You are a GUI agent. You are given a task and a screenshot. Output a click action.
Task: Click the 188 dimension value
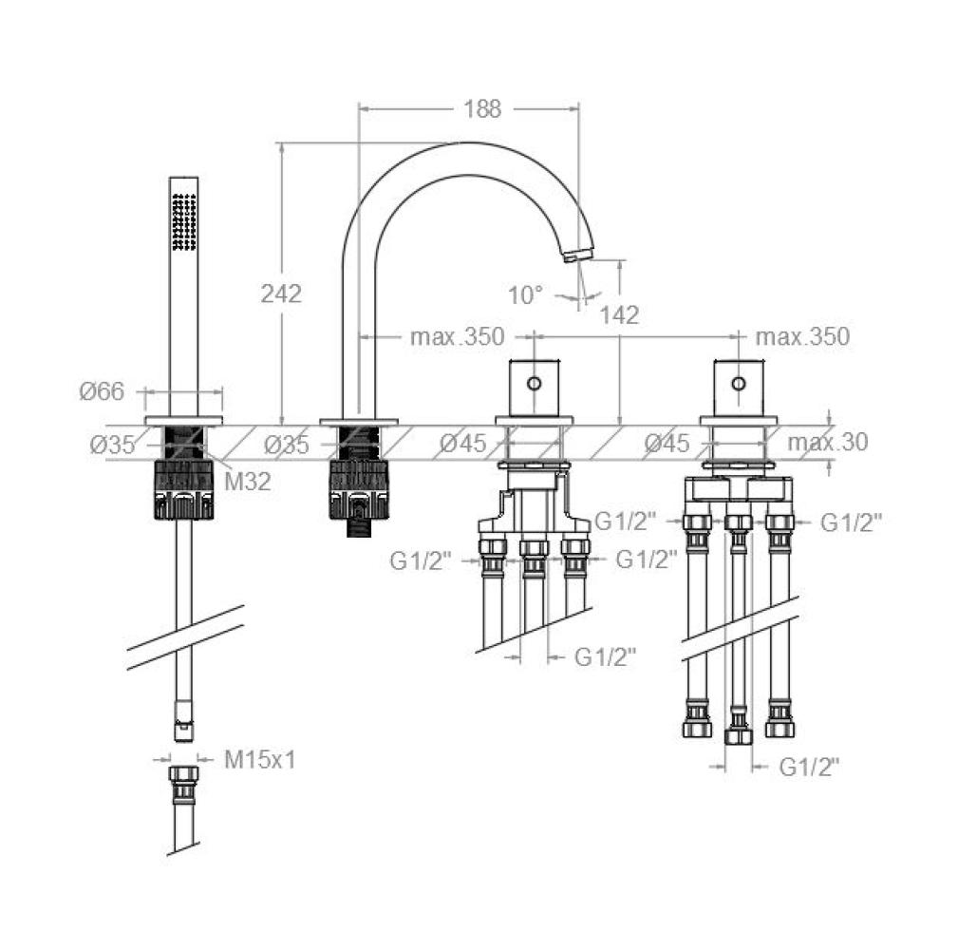tap(482, 109)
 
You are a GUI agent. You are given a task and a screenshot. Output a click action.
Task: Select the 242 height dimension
tap(281, 294)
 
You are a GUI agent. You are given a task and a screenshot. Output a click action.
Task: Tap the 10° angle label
tap(524, 295)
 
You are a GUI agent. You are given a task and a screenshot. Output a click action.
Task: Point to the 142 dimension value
tap(620, 314)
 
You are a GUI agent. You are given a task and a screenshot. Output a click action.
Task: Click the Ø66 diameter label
tap(102, 390)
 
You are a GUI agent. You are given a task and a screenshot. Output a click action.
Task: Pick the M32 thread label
tap(247, 482)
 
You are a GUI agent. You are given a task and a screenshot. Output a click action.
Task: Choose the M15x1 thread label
tap(260, 759)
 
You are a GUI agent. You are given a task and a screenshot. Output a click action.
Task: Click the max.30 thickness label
tap(827, 442)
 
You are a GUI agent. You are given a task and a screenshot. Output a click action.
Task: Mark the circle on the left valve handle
tap(535, 384)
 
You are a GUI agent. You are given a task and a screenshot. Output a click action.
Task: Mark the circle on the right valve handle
tap(738, 384)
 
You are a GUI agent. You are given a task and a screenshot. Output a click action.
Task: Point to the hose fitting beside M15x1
tap(182, 774)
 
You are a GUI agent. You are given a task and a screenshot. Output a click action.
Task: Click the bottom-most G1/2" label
tap(809, 767)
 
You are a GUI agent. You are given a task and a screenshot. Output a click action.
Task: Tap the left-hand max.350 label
tap(457, 336)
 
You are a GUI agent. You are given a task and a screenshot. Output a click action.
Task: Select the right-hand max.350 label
tap(802, 336)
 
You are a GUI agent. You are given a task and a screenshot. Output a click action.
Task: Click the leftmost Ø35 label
tap(112, 444)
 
